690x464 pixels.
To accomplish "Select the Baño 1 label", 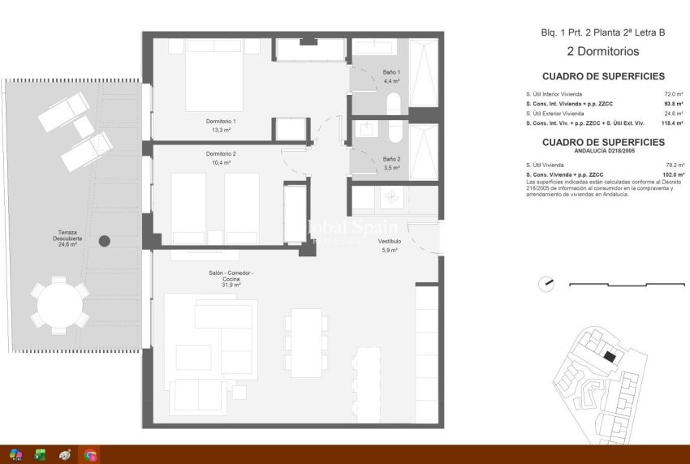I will (392, 76).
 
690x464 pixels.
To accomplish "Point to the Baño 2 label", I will (391, 162).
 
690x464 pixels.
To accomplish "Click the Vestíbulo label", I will (390, 245).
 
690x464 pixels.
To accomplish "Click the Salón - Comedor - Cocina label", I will (230, 278).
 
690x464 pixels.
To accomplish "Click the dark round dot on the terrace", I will (105, 240).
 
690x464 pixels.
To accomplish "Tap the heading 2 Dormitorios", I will (602, 51).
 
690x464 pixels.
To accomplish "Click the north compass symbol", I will (546, 284).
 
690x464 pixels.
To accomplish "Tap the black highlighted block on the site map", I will (610, 355).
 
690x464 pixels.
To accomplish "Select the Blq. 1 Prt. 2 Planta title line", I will (602, 32).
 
